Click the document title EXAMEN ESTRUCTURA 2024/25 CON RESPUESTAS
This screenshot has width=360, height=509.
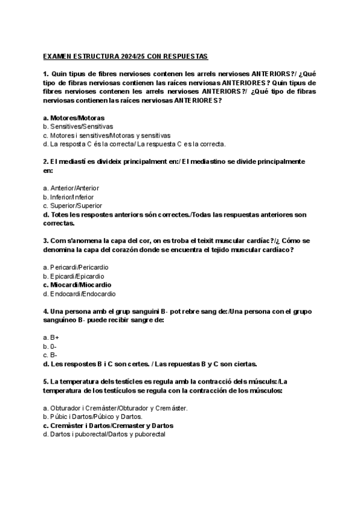125,56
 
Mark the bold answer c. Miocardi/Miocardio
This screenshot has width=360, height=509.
77,285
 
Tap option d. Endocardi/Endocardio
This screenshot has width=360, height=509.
79,294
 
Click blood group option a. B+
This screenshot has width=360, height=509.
51,337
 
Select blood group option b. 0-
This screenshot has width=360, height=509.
50,346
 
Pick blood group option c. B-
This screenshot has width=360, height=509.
50,355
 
